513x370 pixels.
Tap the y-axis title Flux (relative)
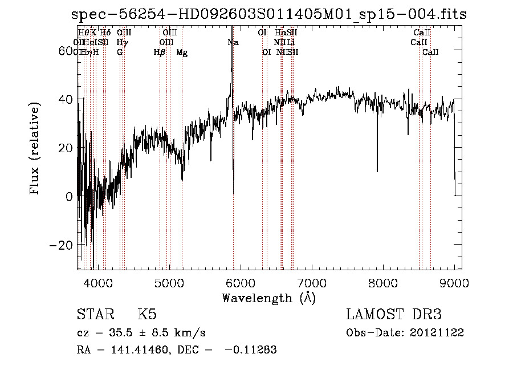tap(35, 149)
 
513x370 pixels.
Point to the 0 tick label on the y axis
tap(69, 197)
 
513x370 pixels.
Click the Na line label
tap(233, 43)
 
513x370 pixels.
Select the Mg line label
tap(182, 52)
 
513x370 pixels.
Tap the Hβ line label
tap(160, 52)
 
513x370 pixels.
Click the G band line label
tap(120, 52)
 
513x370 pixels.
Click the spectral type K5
tap(146, 315)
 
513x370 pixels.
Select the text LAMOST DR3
tap(394, 315)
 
